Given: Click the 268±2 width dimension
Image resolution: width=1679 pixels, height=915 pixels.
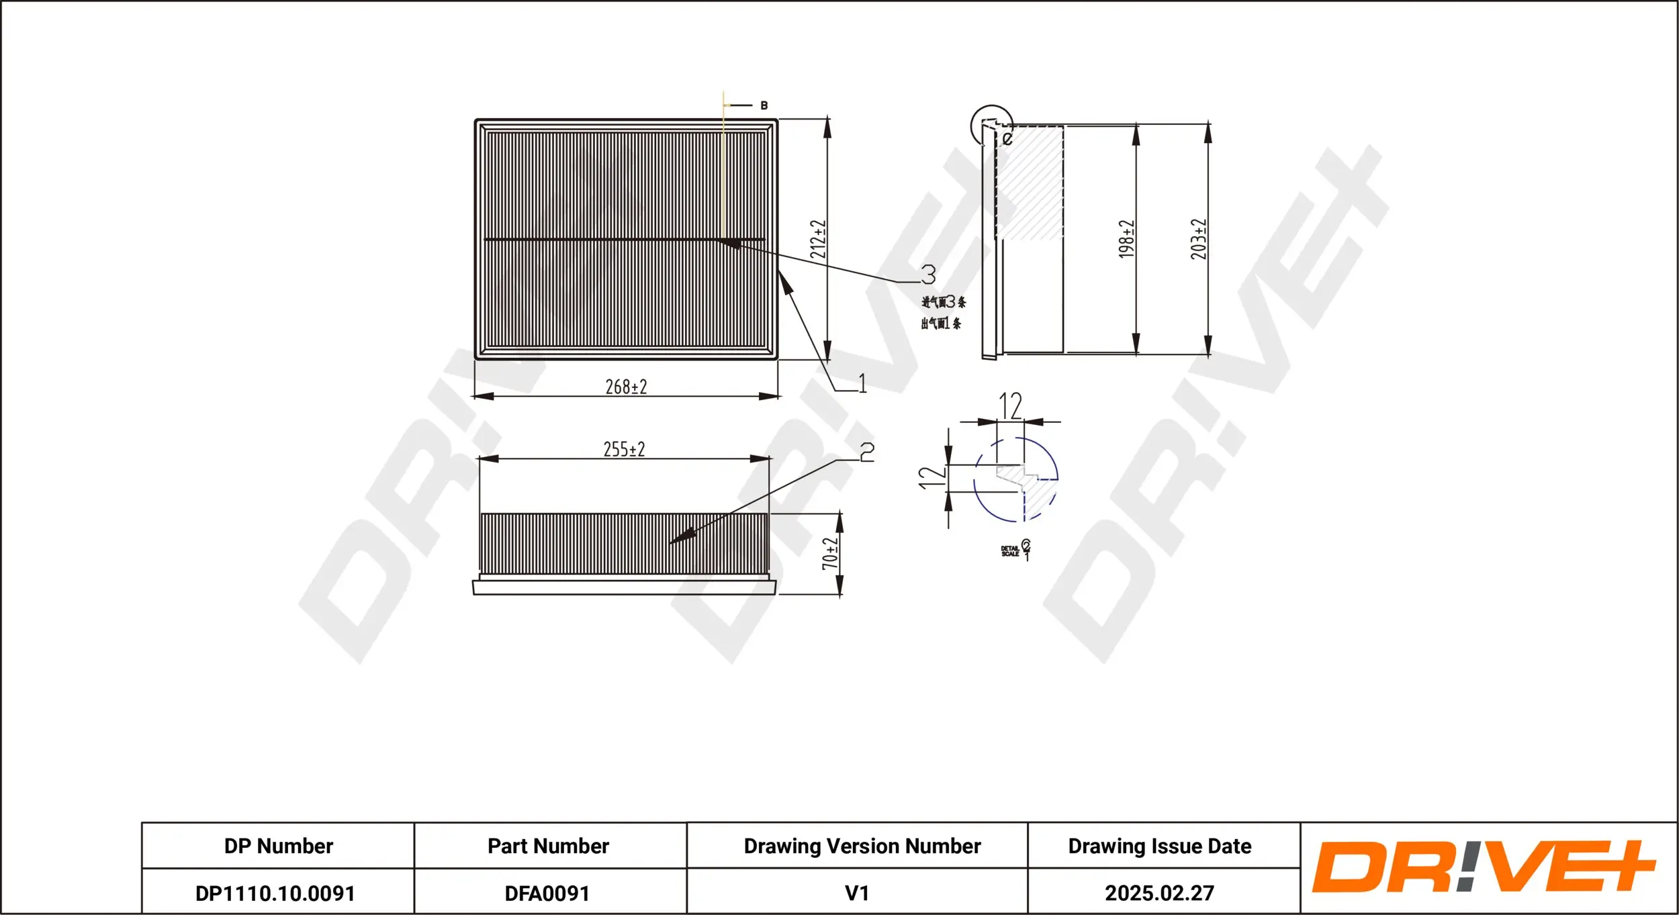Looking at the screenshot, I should point(626,387).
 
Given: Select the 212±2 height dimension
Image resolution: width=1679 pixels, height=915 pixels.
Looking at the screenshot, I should point(817,239).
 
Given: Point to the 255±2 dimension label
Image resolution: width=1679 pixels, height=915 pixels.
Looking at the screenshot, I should point(624,449).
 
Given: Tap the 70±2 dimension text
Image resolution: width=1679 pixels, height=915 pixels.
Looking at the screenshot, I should point(831,553).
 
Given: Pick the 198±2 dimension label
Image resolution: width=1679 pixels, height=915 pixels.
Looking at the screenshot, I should point(1126,239).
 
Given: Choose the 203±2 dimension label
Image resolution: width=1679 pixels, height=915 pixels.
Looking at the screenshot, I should point(1199,239).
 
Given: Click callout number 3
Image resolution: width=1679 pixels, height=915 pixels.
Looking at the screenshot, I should point(928,274).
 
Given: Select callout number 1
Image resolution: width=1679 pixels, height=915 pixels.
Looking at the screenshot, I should point(862,383).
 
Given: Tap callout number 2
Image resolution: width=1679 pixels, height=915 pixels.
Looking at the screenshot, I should point(867,452).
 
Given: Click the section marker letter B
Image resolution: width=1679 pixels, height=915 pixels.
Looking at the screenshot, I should point(764,105).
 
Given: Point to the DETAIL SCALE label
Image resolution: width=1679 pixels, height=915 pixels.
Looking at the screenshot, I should point(1010,551).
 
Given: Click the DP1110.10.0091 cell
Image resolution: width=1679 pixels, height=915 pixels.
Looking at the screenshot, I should point(275,893).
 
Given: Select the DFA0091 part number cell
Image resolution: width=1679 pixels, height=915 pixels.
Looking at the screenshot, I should point(547,893).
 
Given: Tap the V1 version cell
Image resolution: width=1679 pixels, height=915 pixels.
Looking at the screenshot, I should point(857,893).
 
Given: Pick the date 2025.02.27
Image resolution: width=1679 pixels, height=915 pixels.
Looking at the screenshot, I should point(1160,893).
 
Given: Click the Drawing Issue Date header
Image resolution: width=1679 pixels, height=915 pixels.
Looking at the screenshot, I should point(1160,846).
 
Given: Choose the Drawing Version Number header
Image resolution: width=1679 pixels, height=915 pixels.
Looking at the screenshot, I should point(862,846).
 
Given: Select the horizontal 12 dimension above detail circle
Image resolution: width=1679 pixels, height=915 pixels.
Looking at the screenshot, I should point(1010,405).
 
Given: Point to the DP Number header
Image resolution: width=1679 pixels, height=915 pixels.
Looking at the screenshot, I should point(278,846).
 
